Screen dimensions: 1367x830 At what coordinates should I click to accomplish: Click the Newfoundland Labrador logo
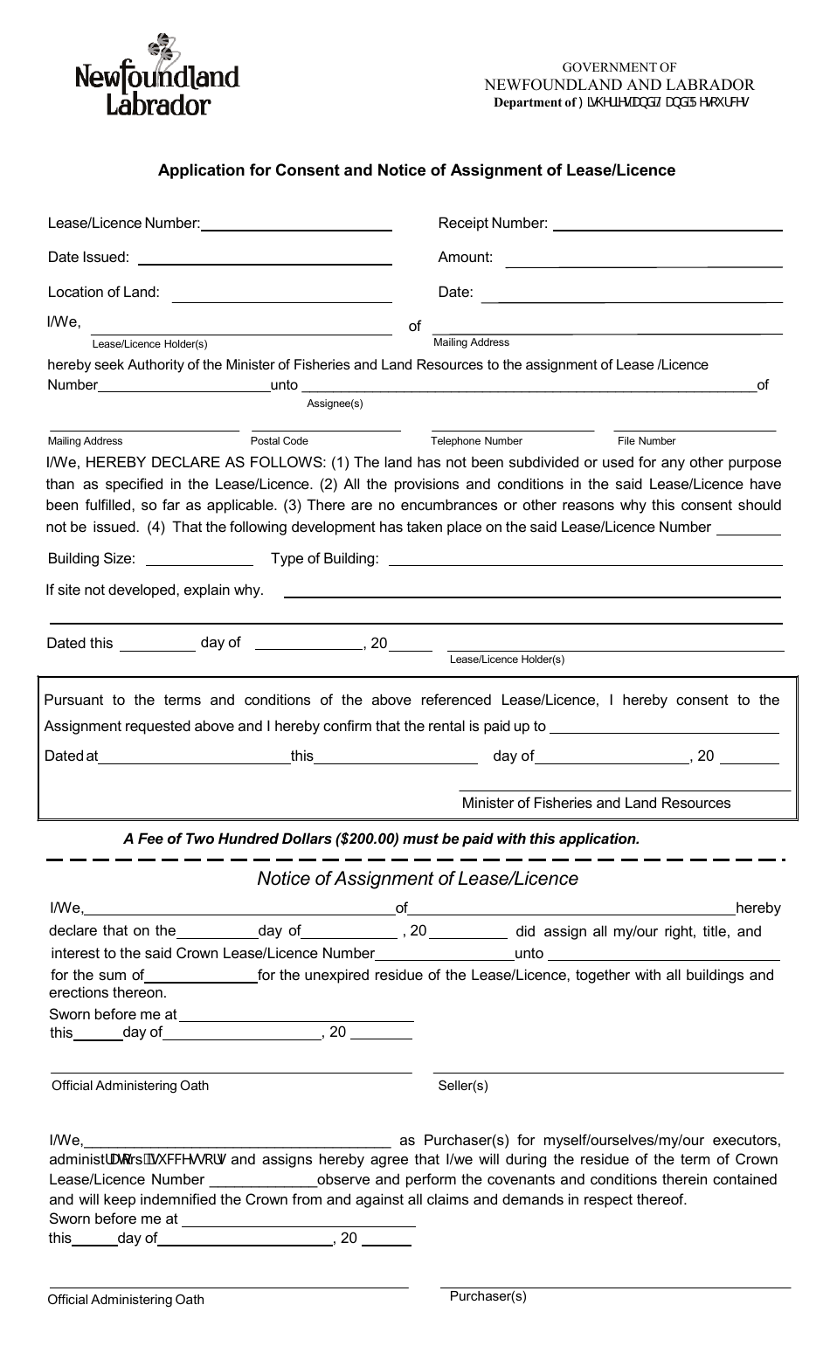pyautogui.click(x=157, y=77)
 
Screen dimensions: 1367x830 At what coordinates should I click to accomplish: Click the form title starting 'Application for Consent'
pyautogui.click(x=416, y=170)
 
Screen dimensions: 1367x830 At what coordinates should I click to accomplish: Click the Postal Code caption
pyautogui.click(x=280, y=441)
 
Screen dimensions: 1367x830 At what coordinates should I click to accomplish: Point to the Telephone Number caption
pyautogui.click(x=476, y=441)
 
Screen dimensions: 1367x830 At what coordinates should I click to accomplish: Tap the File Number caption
pyautogui.click(x=647, y=441)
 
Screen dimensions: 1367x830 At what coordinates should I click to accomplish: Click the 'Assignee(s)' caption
pyautogui.click(x=335, y=404)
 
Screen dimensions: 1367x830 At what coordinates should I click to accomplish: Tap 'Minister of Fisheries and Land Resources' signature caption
pyautogui.click(x=596, y=803)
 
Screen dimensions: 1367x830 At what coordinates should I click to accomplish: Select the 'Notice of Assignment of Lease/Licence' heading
pyautogui.click(x=418, y=879)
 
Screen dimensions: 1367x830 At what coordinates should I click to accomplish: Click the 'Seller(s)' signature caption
pyautogui.click(x=463, y=1086)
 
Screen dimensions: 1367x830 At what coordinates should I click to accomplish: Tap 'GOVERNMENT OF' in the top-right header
pyautogui.click(x=619, y=67)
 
